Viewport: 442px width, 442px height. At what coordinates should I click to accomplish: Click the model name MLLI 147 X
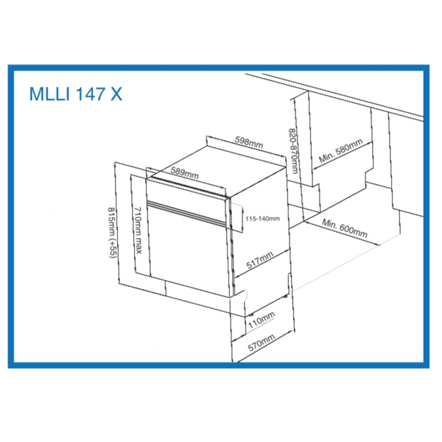76,94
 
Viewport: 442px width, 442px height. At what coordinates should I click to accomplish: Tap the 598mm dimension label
249,142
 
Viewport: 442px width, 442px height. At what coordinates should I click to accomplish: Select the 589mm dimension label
185,173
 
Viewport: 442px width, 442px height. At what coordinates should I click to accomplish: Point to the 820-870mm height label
293,151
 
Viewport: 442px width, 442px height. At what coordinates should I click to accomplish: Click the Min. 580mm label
340,150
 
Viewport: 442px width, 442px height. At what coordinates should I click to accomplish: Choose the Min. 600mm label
345,228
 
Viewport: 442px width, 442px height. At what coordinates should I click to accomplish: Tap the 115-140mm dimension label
262,219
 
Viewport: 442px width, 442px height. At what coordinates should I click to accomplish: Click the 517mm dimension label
259,260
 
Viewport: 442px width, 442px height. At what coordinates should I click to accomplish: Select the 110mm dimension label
262,320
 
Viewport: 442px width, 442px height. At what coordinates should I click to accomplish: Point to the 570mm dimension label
262,343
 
